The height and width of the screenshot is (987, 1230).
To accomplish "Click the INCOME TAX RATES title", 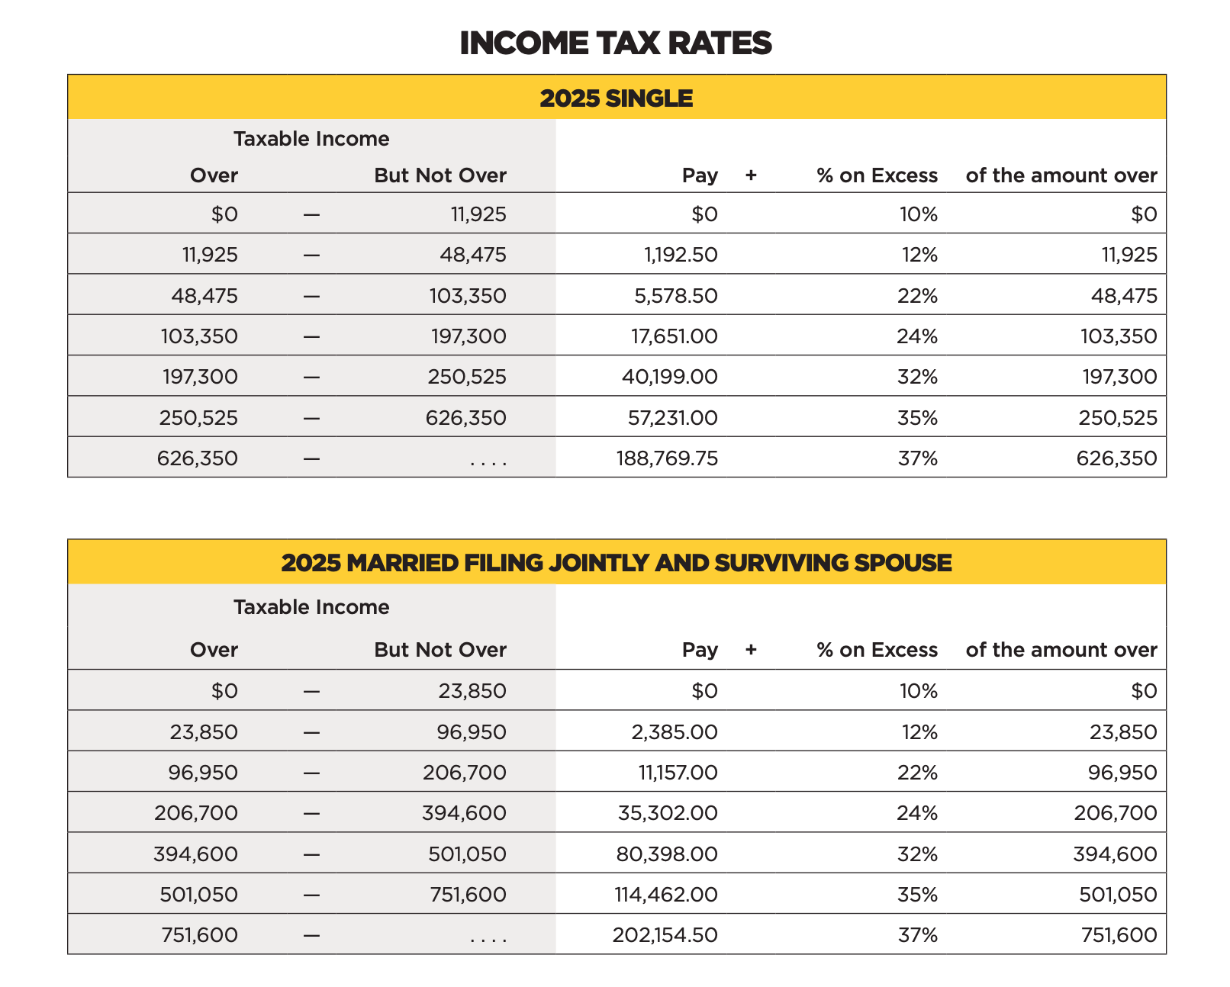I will (615, 43).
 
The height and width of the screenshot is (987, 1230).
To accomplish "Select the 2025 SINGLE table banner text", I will (616, 98).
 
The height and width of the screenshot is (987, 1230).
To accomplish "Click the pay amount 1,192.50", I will (681, 255).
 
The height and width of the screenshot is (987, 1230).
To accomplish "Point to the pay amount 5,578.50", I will (676, 296).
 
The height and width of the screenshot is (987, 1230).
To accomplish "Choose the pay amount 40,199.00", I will (671, 377).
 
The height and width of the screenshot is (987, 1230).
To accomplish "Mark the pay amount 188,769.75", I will (667, 458).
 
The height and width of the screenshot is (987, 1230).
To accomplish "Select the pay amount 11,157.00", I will (678, 773).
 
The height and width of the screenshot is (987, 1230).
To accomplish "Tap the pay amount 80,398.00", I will (667, 854).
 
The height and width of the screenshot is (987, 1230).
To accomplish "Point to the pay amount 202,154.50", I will (665, 935).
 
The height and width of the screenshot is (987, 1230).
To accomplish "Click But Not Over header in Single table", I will (440, 175).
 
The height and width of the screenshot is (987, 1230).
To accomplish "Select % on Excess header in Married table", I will (877, 650).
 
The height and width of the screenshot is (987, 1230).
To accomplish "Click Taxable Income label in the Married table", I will (311, 607).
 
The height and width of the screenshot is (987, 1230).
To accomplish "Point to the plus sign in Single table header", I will (751, 175).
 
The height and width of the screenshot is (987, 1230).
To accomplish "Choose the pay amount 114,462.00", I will (666, 895).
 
